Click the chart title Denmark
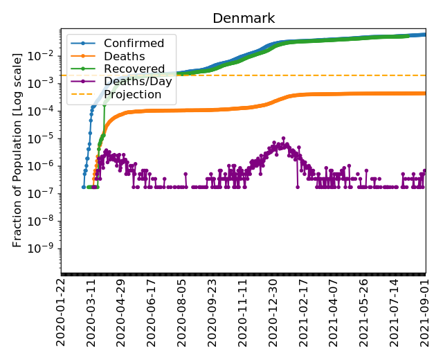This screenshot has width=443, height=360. click(x=243, y=18)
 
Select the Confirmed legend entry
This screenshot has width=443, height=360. click(x=134, y=44)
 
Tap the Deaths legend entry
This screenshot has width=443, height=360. click(x=124, y=57)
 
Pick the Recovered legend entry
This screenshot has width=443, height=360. click(x=134, y=69)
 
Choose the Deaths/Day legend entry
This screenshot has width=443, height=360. click(x=138, y=82)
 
